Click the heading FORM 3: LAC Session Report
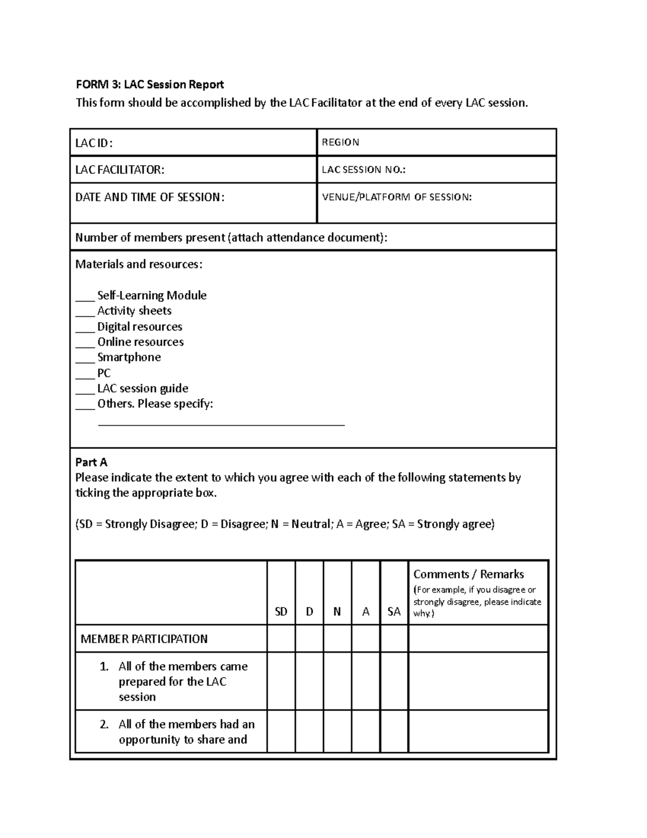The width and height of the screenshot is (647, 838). pos(149,85)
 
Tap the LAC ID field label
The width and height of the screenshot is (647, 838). pos(94,143)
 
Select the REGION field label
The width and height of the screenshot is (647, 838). pos(340,142)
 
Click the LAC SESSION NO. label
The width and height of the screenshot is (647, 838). pos(363,170)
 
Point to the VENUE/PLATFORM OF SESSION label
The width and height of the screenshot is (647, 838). pos(396,197)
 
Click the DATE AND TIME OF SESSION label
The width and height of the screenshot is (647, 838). pos(149,197)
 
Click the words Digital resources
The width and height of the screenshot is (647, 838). pos(140,327)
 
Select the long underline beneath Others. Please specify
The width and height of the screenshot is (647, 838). pos(221,425)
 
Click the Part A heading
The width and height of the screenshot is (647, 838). pos(91,462)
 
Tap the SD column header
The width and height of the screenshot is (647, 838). pos(281,612)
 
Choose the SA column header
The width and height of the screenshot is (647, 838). pos(394,612)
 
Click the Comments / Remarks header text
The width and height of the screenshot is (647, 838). pos(469,575)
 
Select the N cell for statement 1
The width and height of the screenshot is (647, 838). pos(338,682)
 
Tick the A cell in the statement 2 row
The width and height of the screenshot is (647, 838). pos(366,732)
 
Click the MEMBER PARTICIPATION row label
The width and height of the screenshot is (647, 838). pos(144,639)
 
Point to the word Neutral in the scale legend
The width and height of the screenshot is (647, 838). pos(311,524)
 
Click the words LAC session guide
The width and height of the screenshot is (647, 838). pos(143,389)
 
